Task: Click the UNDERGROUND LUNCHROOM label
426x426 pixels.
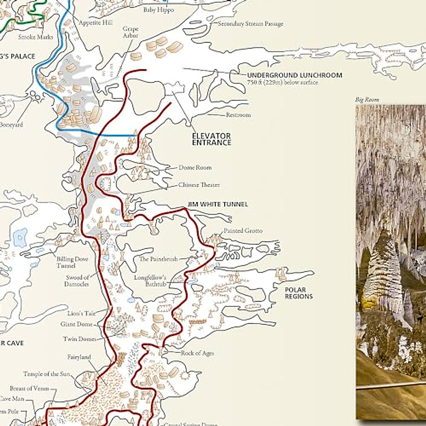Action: pyautogui.click(x=295, y=75)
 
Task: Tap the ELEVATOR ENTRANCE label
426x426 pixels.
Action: pyautogui.click(x=212, y=139)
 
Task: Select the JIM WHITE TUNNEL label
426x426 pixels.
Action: pyautogui.click(x=218, y=204)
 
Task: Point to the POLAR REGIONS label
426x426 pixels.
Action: pyautogui.click(x=299, y=293)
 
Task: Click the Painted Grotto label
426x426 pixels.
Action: pyautogui.click(x=243, y=231)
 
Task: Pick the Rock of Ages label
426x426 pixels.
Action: pyautogui.click(x=197, y=353)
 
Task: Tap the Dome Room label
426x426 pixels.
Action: pyautogui.click(x=195, y=168)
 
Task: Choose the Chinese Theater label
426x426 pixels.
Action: pyautogui.click(x=199, y=185)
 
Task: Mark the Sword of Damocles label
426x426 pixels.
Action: pyautogui.click(x=77, y=281)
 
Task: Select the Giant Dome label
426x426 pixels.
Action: pyautogui.click(x=76, y=324)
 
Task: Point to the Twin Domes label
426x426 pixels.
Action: pyautogui.click(x=80, y=339)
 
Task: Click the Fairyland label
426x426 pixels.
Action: pyautogui.click(x=79, y=357)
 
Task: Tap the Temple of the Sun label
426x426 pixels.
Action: pyautogui.click(x=47, y=374)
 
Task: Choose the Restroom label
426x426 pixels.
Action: pyautogui.click(x=238, y=115)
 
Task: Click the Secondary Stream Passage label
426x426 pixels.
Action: pyautogui.click(x=250, y=24)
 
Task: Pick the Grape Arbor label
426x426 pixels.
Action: pyautogui.click(x=130, y=32)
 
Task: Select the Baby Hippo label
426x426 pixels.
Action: pyautogui.click(x=159, y=10)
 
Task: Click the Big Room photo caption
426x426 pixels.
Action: pyautogui.click(x=367, y=100)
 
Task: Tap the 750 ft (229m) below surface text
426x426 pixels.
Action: pyautogui.click(x=283, y=82)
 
